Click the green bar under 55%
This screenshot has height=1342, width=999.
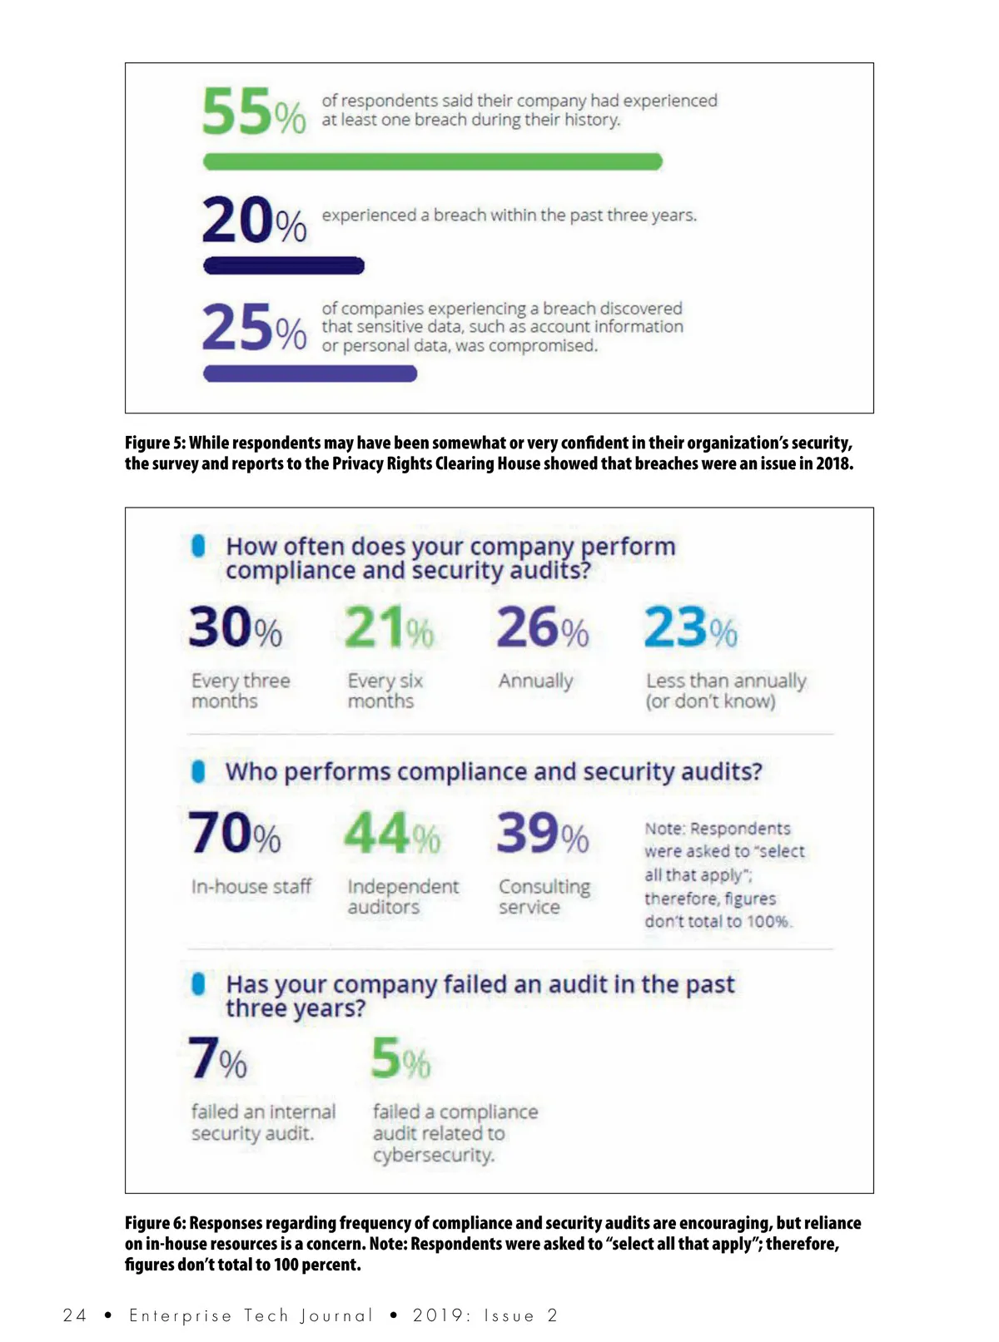click(432, 161)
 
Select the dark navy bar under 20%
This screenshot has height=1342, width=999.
click(284, 266)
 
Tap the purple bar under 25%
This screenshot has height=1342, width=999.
click(310, 374)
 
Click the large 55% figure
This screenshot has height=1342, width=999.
click(254, 112)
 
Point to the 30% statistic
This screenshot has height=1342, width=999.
click(236, 628)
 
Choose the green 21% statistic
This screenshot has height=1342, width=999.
click(389, 628)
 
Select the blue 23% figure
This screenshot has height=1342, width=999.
click(690, 628)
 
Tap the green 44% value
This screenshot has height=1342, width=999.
click(392, 834)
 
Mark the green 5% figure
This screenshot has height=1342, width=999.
click(400, 1058)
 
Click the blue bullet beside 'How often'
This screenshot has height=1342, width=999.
click(198, 546)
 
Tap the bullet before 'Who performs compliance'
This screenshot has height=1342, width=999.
click(198, 771)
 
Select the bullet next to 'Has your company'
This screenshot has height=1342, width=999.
click(198, 983)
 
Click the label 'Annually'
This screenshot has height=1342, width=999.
click(536, 681)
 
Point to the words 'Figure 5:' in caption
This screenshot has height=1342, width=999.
click(155, 443)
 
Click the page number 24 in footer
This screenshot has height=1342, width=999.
click(74, 1315)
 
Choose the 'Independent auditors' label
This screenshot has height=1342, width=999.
click(403, 897)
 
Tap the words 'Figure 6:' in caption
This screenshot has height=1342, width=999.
click(155, 1223)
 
